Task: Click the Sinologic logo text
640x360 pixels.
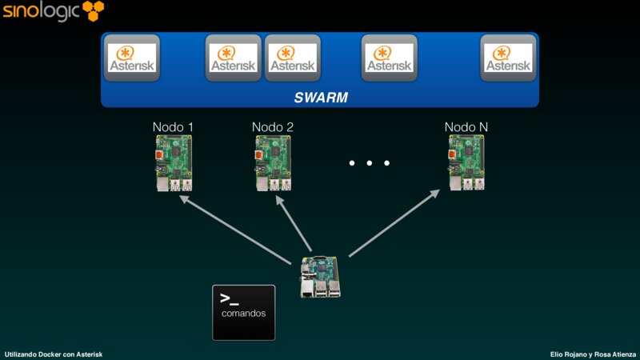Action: (40, 12)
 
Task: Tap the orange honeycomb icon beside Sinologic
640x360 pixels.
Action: (93, 11)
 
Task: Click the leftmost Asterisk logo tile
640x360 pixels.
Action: (133, 58)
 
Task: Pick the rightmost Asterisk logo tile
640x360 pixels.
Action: (508, 58)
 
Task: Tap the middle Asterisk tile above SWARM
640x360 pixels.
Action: (292, 58)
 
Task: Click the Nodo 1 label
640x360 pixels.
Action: (173, 127)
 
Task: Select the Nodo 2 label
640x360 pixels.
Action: (272, 127)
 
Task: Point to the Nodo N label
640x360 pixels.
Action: (466, 127)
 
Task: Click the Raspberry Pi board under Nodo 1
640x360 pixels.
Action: (174, 162)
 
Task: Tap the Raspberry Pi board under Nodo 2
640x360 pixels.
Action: (273, 162)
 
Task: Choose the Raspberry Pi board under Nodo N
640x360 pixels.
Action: (466, 162)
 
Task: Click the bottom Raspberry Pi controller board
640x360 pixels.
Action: (319, 277)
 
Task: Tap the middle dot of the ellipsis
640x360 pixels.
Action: (370, 163)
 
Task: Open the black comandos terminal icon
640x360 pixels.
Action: (243, 312)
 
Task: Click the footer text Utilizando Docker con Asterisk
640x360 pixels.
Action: (53, 354)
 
